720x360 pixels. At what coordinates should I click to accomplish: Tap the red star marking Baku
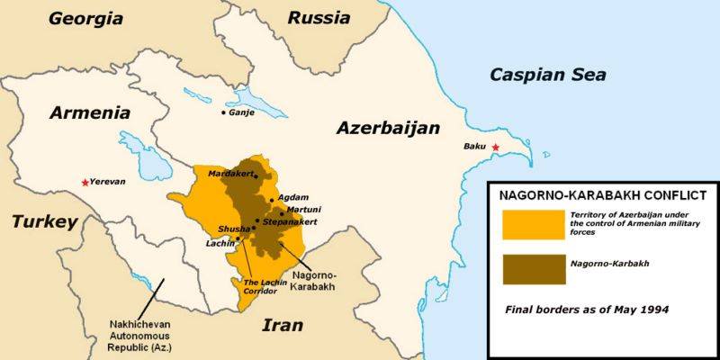[x=494, y=147]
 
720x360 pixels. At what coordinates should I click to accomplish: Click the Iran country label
[x=282, y=326]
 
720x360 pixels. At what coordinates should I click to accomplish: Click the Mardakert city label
[x=230, y=172]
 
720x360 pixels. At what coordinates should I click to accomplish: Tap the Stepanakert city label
[x=290, y=220]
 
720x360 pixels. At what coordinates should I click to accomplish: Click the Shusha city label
[x=232, y=229]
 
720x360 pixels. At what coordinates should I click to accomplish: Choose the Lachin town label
[x=220, y=243]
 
